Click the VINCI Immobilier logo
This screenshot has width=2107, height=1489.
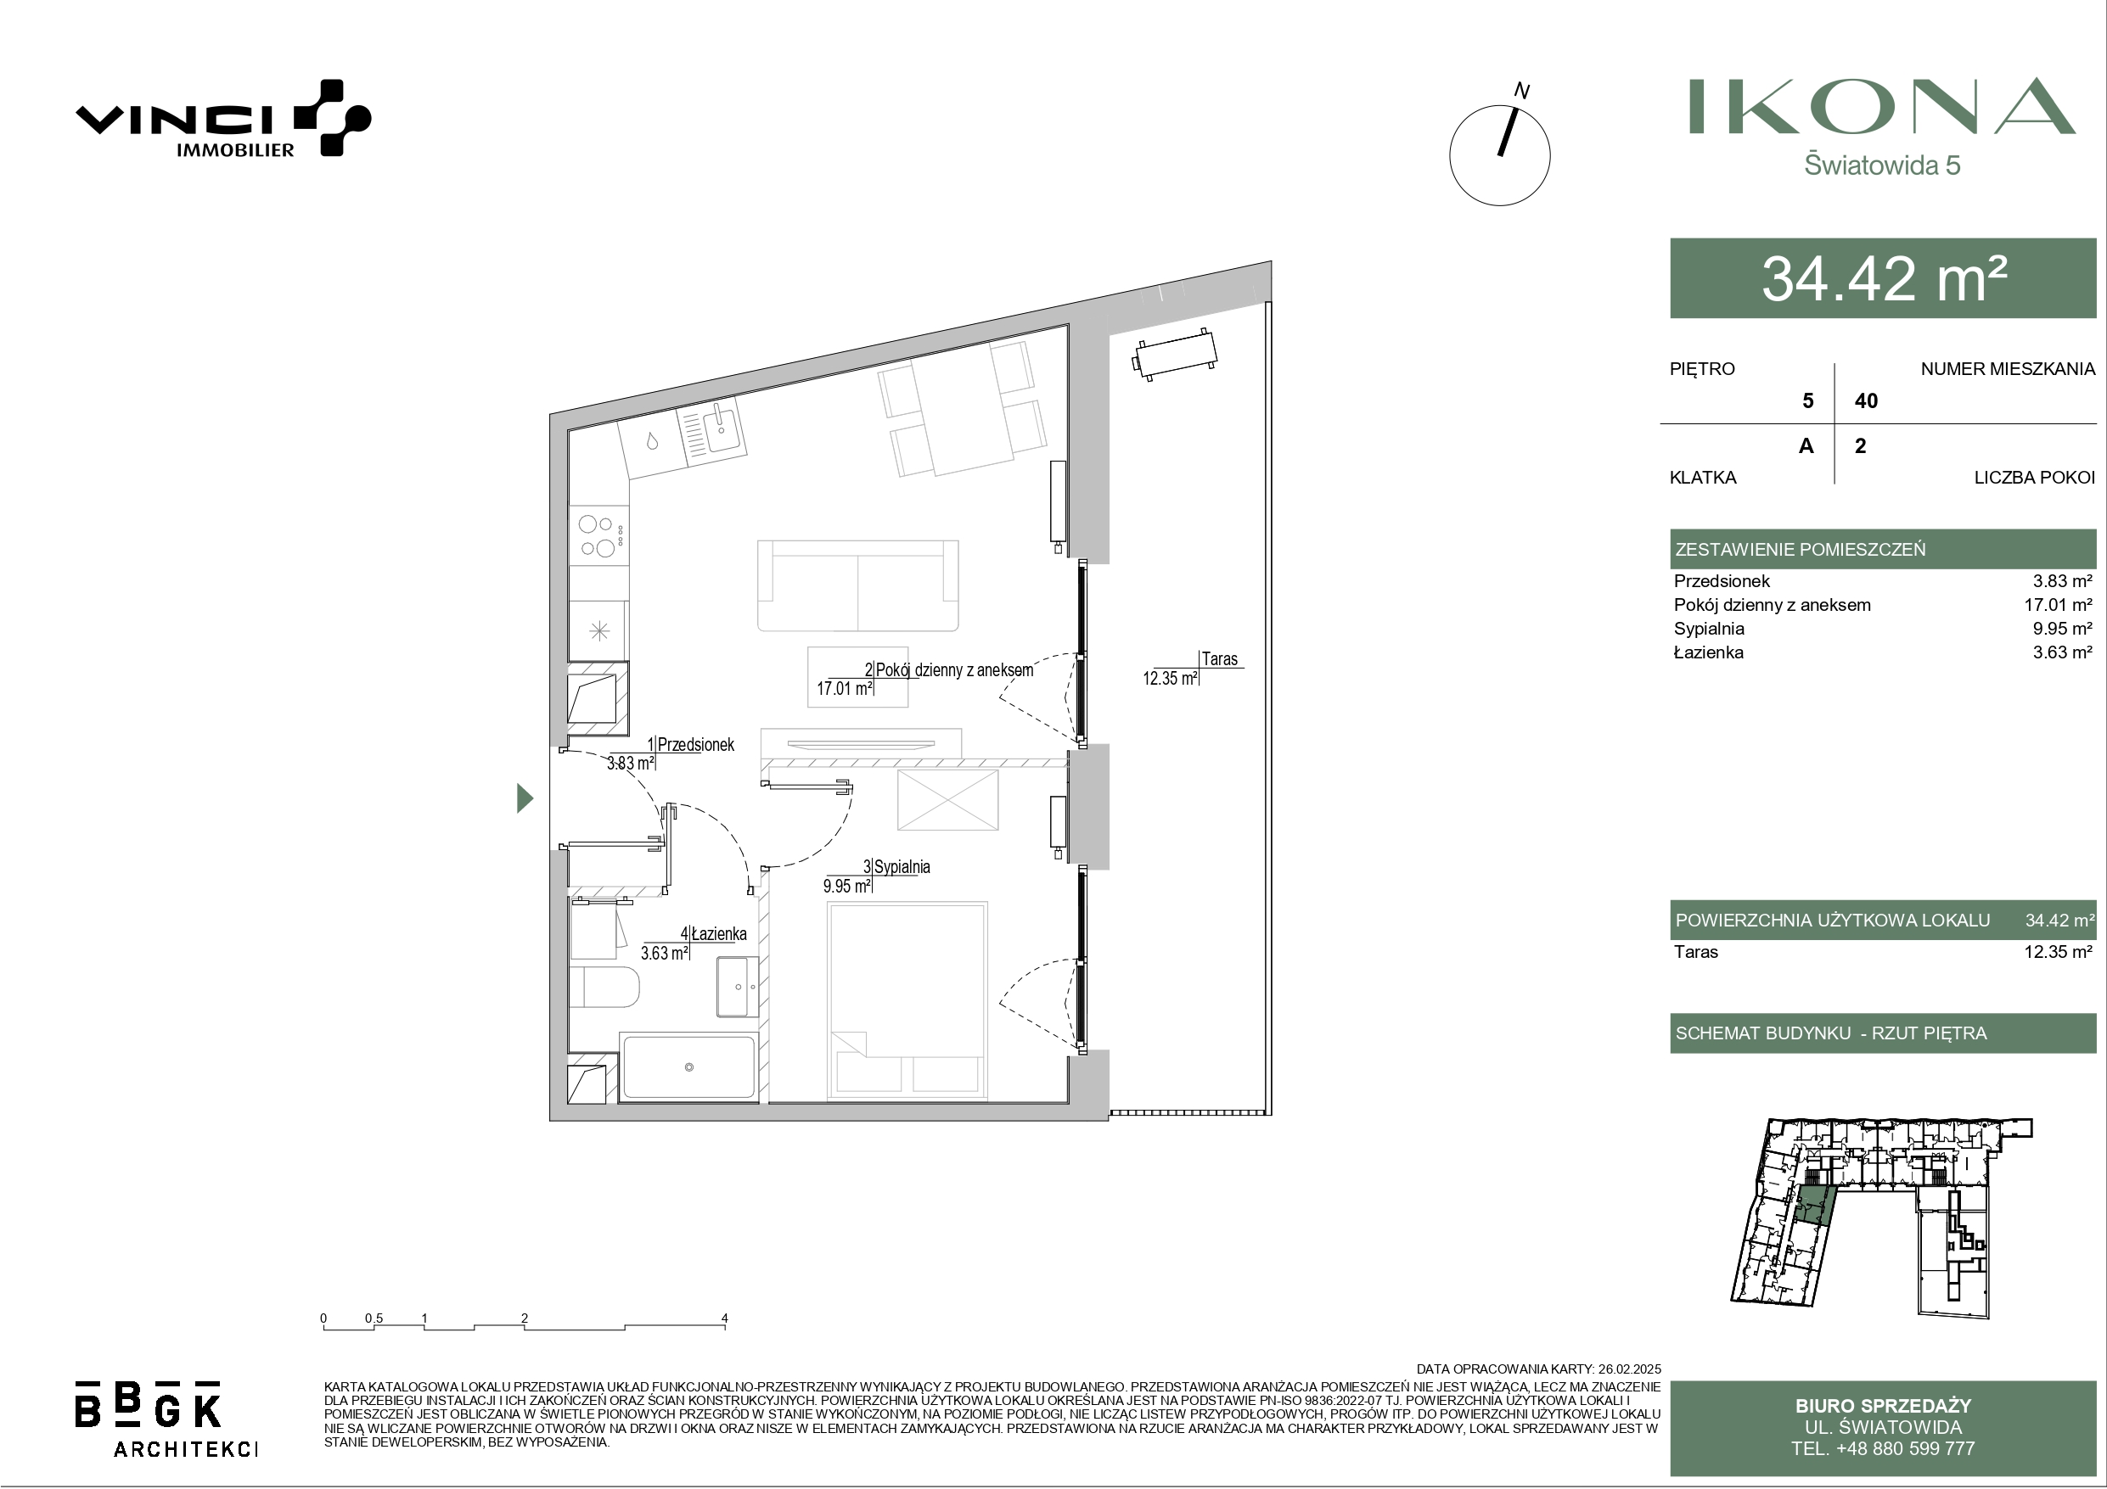pos(223,118)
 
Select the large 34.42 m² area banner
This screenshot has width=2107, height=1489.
pos(1883,278)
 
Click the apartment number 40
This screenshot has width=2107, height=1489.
pos(1866,401)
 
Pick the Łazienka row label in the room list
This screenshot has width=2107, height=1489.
pos(1709,652)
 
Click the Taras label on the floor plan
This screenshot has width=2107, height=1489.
pos(1220,658)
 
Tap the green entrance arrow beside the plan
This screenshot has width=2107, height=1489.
pos(525,798)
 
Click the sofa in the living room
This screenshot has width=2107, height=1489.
pos(858,585)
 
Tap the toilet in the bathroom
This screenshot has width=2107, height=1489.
pos(604,988)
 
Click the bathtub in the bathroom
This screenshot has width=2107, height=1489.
pos(689,1066)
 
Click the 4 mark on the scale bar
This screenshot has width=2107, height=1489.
pos(725,1319)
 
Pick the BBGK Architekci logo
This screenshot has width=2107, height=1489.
pos(166,1419)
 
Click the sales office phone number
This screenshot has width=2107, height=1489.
pos(1883,1448)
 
